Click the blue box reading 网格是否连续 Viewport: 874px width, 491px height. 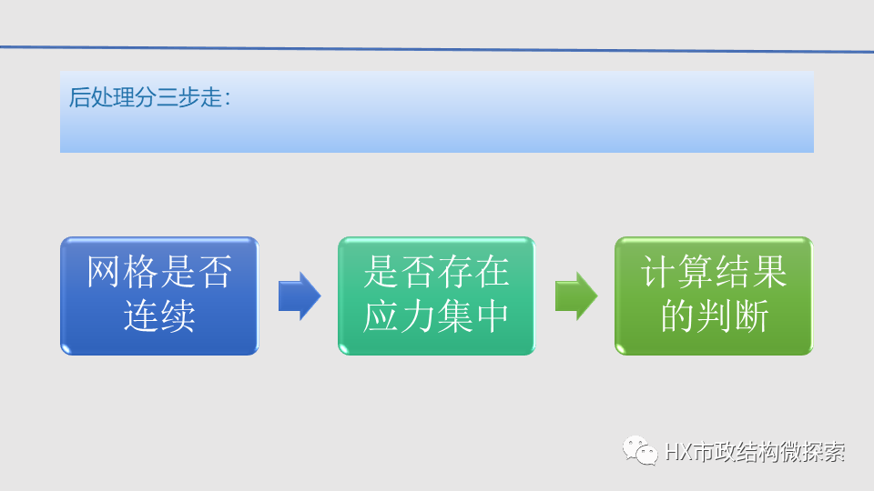click(159, 296)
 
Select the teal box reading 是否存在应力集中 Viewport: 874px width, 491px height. click(436, 296)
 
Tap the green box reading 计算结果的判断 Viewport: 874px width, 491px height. click(713, 296)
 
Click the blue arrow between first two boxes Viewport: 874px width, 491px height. click(299, 296)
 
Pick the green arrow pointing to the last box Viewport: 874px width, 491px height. click(575, 296)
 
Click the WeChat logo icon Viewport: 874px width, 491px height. click(640, 450)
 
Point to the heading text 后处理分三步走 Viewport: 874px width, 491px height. click(149, 98)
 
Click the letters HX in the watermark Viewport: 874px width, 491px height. click(677, 452)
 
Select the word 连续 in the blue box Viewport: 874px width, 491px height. click(159, 317)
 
